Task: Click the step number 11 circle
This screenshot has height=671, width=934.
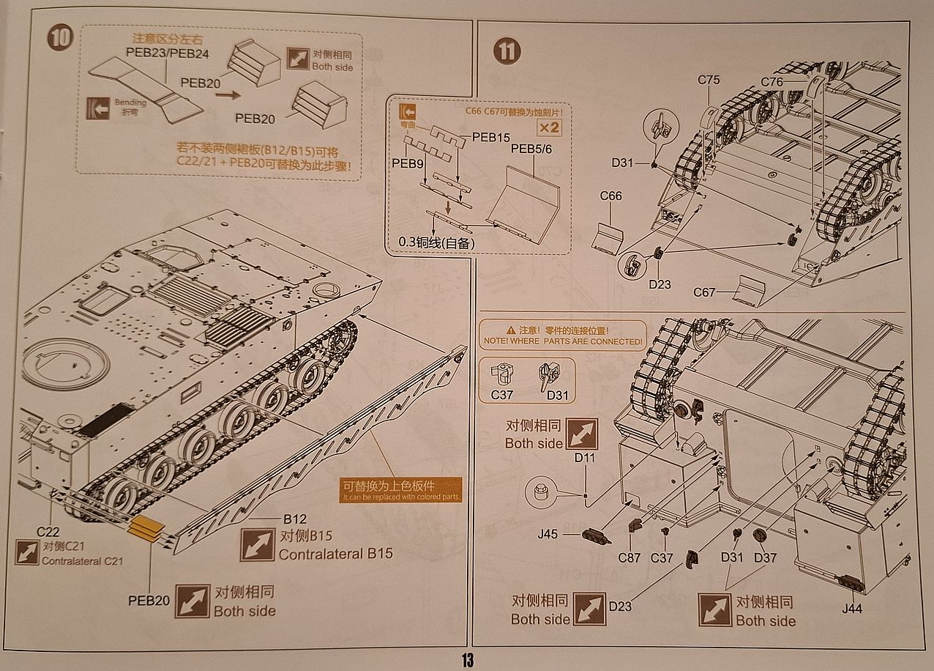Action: (507, 51)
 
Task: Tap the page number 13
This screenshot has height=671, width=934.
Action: (467, 660)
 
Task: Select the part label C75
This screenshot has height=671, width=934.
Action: (708, 81)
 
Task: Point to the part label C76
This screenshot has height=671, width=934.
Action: (772, 82)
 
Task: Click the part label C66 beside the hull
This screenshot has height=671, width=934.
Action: (610, 196)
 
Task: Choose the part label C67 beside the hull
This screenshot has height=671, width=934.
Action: (704, 293)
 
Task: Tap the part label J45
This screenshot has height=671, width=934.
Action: (549, 535)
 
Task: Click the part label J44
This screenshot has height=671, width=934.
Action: (851, 608)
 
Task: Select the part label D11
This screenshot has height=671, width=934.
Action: (585, 458)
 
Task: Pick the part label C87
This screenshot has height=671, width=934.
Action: (629, 557)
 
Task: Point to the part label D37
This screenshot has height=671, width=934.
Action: (765, 557)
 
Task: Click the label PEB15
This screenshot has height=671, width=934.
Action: (490, 137)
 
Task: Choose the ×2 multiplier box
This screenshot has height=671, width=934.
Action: (550, 127)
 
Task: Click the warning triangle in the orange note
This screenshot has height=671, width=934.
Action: (511, 331)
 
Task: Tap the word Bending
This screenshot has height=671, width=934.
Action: (130, 103)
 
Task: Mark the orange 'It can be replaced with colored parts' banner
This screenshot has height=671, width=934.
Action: (402, 490)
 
